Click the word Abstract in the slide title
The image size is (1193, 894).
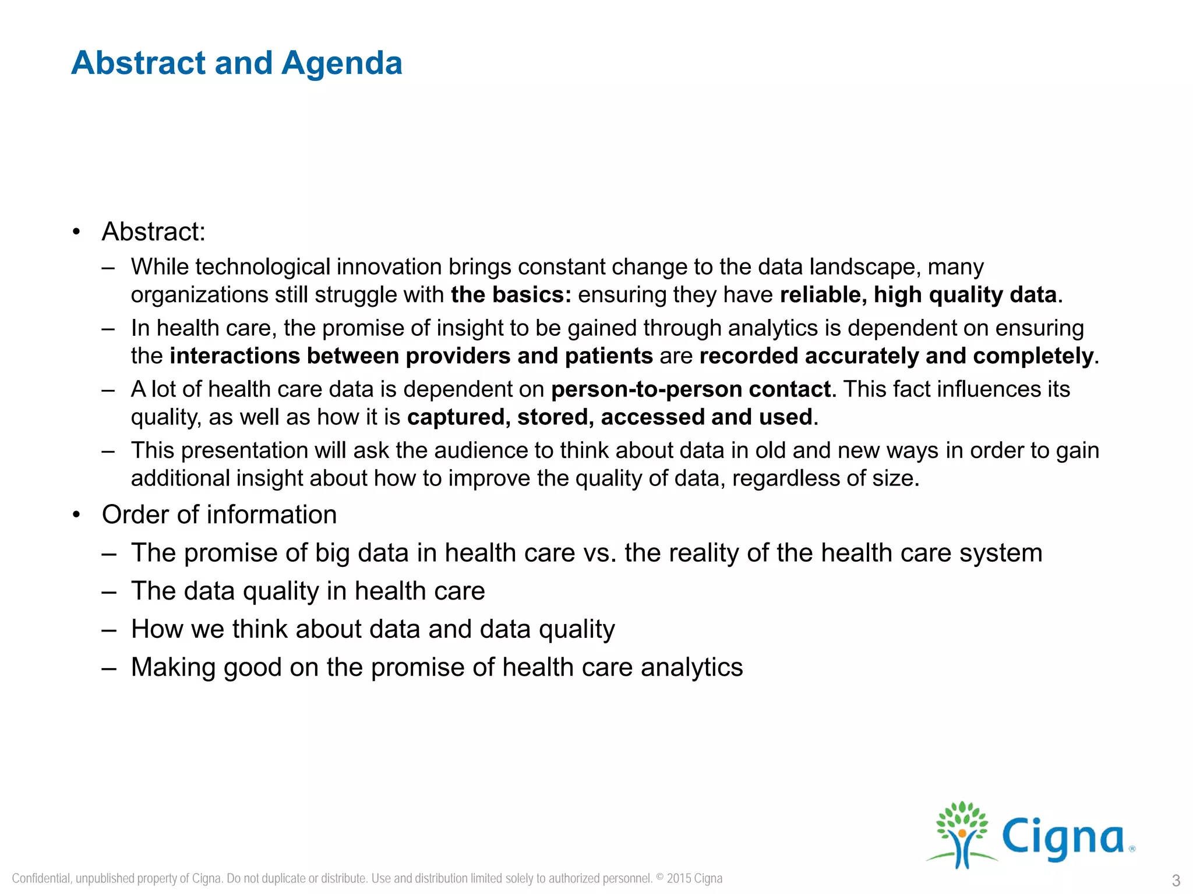[x=139, y=63]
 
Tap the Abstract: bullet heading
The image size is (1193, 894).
[x=153, y=232]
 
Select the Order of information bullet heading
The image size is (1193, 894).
[x=219, y=515]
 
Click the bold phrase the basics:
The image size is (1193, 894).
[x=511, y=295]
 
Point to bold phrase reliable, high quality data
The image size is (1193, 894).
[x=918, y=295]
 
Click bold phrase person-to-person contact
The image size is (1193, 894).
[x=691, y=389]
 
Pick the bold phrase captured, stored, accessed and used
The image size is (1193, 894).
[x=609, y=417]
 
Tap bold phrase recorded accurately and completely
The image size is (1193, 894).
[x=896, y=356]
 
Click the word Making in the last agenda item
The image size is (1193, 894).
[x=173, y=667]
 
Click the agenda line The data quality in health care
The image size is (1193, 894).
[x=308, y=591]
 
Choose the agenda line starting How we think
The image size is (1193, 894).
[x=373, y=629]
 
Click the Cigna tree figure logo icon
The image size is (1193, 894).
[x=962, y=834]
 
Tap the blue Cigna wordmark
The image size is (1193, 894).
[x=1064, y=838]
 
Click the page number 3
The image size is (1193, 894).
[x=1176, y=880]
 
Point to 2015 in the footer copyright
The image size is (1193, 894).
[x=679, y=878]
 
